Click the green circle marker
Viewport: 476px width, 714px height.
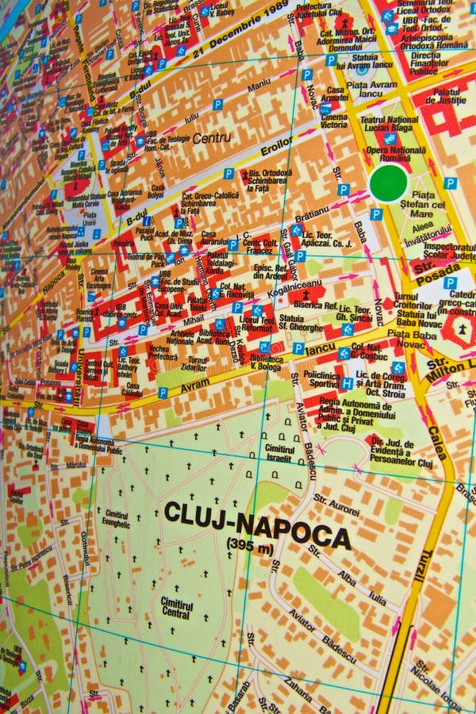coord(389,182)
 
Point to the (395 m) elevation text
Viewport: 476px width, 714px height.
coord(250,545)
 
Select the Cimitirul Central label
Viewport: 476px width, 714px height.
coord(176,608)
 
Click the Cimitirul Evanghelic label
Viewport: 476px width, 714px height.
coord(117,520)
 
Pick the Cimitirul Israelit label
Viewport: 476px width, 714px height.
coord(279,454)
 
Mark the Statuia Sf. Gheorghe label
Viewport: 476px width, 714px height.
coord(301,323)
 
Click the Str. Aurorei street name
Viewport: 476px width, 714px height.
coord(336,502)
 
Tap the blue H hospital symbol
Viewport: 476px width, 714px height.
coord(347,383)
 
